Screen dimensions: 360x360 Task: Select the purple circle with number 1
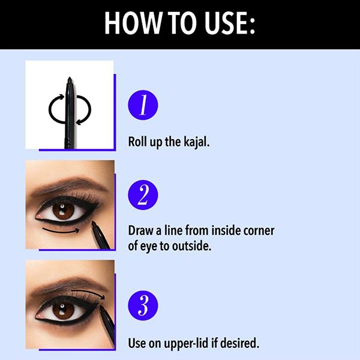point(143,105)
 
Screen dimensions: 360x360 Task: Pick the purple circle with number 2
point(143,195)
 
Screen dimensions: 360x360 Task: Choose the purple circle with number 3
point(143,305)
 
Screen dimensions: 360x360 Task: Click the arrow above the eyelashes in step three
point(89,293)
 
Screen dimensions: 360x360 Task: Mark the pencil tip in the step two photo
point(94,223)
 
